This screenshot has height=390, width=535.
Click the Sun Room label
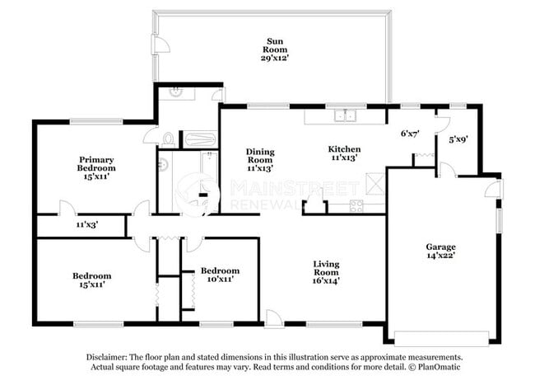pos(275,49)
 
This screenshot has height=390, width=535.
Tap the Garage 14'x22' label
pos(440,251)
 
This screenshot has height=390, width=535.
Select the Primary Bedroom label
pos(96,168)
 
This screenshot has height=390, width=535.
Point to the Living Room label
pos(326,272)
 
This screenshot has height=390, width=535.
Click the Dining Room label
pos(260,160)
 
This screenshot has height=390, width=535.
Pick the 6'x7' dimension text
pos(410,134)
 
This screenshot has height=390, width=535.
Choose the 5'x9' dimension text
pos(458,139)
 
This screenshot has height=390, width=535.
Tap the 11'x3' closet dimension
pos(87,224)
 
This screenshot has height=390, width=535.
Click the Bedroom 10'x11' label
pos(220,275)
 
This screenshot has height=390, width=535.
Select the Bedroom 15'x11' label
pos(92,280)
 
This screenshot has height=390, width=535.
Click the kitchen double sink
pos(346,115)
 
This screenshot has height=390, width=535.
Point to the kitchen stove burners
pos(356,205)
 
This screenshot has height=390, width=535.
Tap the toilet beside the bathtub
pos(169,139)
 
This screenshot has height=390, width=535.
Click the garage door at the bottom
pos(441,338)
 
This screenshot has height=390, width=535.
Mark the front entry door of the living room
pos(273,319)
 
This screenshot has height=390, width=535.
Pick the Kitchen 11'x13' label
pos(344,153)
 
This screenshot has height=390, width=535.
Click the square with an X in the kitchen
pos(375,184)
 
